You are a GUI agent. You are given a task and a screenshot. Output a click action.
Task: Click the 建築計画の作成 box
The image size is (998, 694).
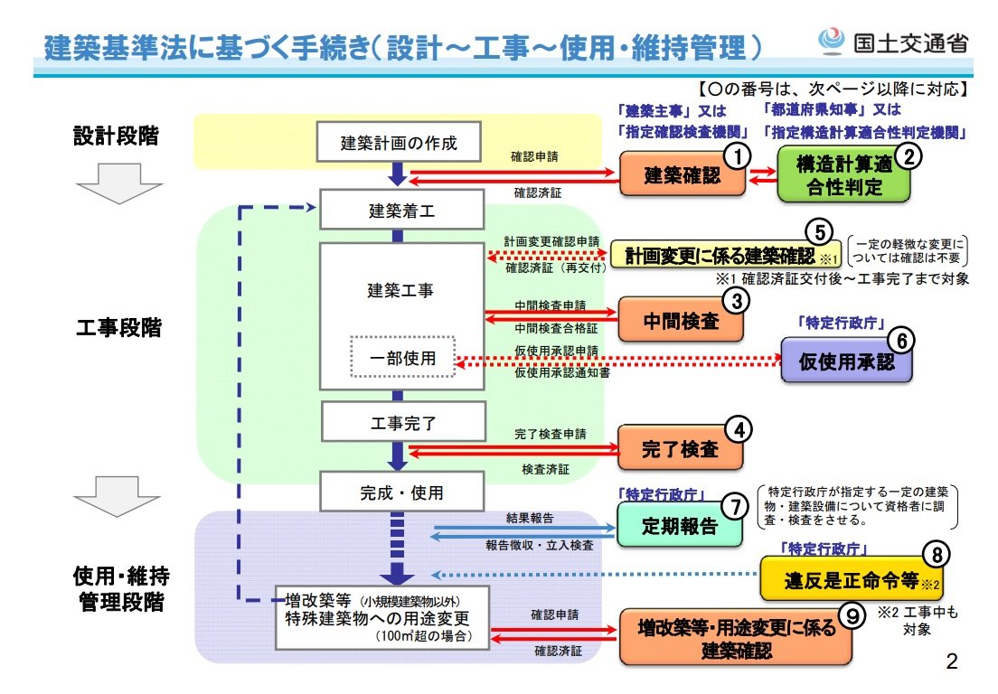[x=399, y=142]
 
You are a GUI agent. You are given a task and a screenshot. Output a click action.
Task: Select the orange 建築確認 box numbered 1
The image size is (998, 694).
[x=683, y=175]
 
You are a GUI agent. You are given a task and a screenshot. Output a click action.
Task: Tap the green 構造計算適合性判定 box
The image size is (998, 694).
[x=843, y=176]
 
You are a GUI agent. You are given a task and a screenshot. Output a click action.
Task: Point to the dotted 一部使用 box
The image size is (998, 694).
[x=402, y=358]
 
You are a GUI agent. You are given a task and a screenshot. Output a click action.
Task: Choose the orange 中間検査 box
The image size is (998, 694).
[x=682, y=320]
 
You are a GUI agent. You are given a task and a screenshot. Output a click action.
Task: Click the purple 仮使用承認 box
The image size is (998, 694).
[x=846, y=361]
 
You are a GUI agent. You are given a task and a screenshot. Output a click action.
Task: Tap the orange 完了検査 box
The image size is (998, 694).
[x=681, y=448]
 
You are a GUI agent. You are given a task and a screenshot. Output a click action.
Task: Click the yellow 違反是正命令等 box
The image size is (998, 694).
[x=839, y=579]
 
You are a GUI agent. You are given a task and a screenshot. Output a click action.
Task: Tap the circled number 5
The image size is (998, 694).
[x=819, y=232]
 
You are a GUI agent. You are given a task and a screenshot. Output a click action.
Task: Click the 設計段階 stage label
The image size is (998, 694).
[x=117, y=136]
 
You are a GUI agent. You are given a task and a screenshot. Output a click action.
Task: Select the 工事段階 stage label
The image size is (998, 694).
[x=117, y=327]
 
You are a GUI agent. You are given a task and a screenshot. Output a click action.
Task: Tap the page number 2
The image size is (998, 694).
[x=950, y=661]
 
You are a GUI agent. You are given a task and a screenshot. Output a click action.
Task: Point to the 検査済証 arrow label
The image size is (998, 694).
[x=545, y=469]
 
